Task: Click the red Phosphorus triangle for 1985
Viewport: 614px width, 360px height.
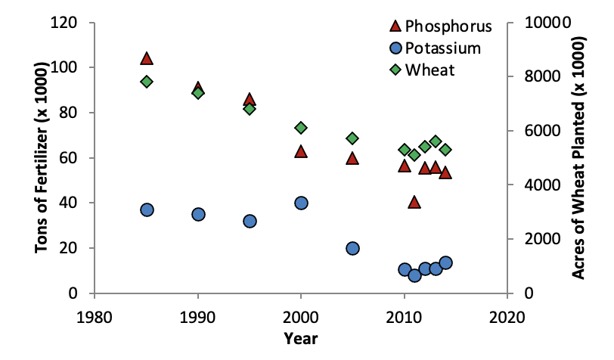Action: click(x=147, y=59)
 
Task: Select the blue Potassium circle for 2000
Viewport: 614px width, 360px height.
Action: click(x=301, y=203)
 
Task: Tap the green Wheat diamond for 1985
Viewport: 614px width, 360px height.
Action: click(x=147, y=82)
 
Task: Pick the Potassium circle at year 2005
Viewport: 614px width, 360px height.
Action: click(x=352, y=248)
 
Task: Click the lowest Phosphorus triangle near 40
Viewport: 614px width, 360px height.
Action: click(x=414, y=202)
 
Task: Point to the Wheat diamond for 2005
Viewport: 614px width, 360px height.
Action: click(x=352, y=138)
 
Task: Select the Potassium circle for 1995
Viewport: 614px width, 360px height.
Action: click(x=250, y=221)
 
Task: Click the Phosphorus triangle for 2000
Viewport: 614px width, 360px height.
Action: click(x=301, y=151)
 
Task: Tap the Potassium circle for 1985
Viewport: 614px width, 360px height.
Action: click(x=147, y=209)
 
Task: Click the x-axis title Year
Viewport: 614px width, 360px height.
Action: click(x=301, y=337)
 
